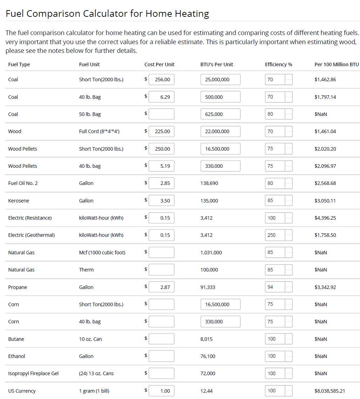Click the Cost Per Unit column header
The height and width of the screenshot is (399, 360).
(159, 64)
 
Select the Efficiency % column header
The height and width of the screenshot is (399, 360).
(278, 64)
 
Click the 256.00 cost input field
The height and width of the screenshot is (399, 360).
(161, 80)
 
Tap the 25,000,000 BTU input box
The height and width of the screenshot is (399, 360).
(220, 80)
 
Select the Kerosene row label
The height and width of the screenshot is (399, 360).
(18, 201)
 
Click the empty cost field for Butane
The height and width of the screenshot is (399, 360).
(161, 339)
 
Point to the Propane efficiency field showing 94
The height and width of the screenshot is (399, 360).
(275, 287)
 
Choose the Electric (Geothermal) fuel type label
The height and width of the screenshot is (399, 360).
(31, 235)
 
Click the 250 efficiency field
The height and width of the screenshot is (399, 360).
(275, 235)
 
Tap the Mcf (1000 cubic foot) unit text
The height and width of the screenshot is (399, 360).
(102, 253)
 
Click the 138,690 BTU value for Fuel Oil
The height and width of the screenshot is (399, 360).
(209, 183)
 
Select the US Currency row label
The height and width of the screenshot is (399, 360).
(22, 391)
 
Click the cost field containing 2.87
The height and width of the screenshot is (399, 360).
(161, 287)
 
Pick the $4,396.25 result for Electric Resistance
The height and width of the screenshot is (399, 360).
(325, 218)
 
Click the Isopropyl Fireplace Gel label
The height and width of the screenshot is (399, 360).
(33, 373)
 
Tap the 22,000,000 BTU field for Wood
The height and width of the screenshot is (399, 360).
(220, 131)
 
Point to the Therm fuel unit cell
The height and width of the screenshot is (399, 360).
(86, 270)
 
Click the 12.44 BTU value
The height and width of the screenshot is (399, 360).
(206, 391)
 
